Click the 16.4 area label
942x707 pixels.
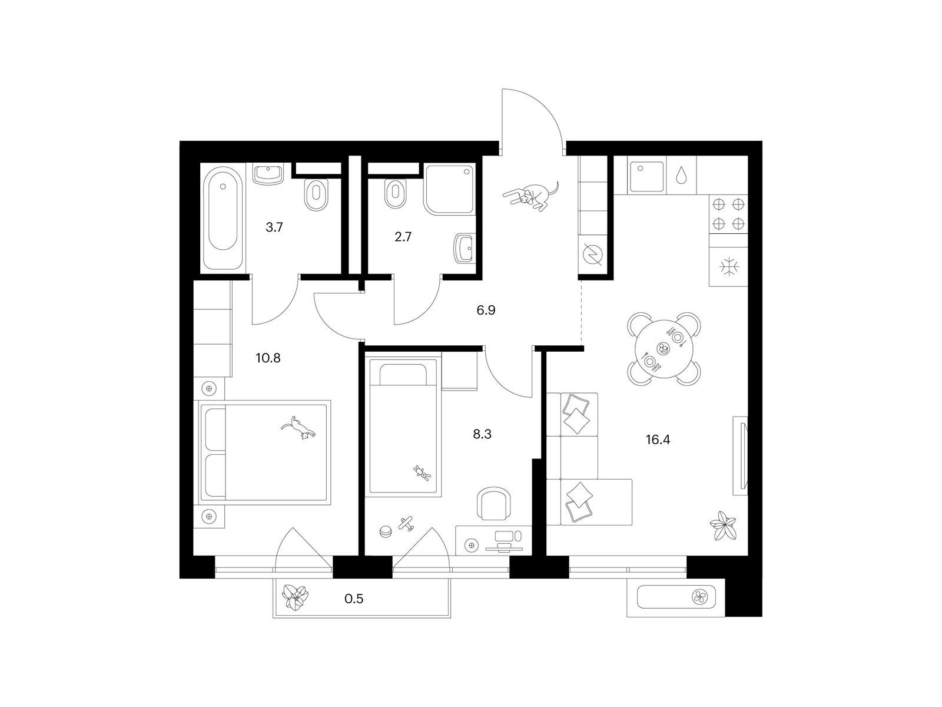[658, 440]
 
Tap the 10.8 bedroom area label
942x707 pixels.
[268, 358]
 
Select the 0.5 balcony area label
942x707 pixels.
[354, 599]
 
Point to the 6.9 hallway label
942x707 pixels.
[486, 310]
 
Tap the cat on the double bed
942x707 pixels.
[298, 428]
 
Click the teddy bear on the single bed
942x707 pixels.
[422, 473]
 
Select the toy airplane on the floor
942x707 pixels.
[406, 524]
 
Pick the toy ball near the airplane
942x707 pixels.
[386, 532]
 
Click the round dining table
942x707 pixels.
[664, 349]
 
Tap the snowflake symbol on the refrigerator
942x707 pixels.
[729, 266]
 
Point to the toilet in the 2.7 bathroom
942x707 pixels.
[396, 195]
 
